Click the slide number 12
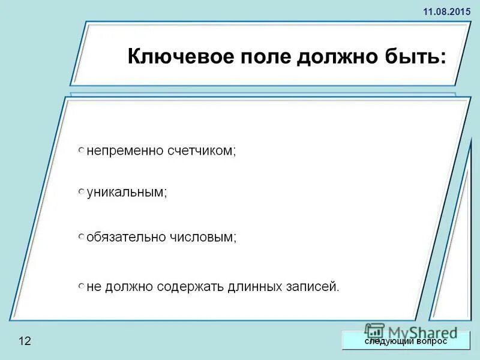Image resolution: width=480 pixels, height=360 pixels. [x=25, y=341]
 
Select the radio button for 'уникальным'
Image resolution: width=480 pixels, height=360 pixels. [x=81, y=192]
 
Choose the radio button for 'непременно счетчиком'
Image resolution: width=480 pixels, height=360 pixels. [x=81, y=150]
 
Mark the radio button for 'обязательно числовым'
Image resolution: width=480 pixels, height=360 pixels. [x=81, y=238]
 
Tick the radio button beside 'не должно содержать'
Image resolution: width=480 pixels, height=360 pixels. [x=81, y=287]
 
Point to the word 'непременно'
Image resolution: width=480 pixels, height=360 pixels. [x=125, y=151]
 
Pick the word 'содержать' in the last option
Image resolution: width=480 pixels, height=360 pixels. [x=191, y=287]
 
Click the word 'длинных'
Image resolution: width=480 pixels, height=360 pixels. [x=253, y=287]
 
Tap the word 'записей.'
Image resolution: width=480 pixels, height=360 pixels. [x=311, y=287]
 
